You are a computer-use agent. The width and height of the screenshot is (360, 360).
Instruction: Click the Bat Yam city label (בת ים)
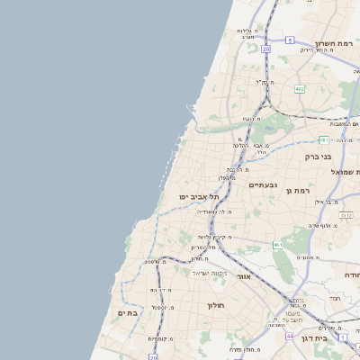pos(128,312)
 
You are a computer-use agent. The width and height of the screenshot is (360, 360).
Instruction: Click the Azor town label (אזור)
pos(243,276)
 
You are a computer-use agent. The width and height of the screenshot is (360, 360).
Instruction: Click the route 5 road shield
pos(290,40)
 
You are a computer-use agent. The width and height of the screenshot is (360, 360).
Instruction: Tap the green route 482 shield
pos(299,88)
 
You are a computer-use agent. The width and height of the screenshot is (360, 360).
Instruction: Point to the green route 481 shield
pos(323,139)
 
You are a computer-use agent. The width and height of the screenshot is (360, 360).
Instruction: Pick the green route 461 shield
pos(280,244)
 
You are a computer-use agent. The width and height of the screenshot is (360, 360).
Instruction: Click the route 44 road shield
pos(290,335)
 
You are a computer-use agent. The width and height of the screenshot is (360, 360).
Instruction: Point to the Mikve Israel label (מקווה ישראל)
pos(212,273)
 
